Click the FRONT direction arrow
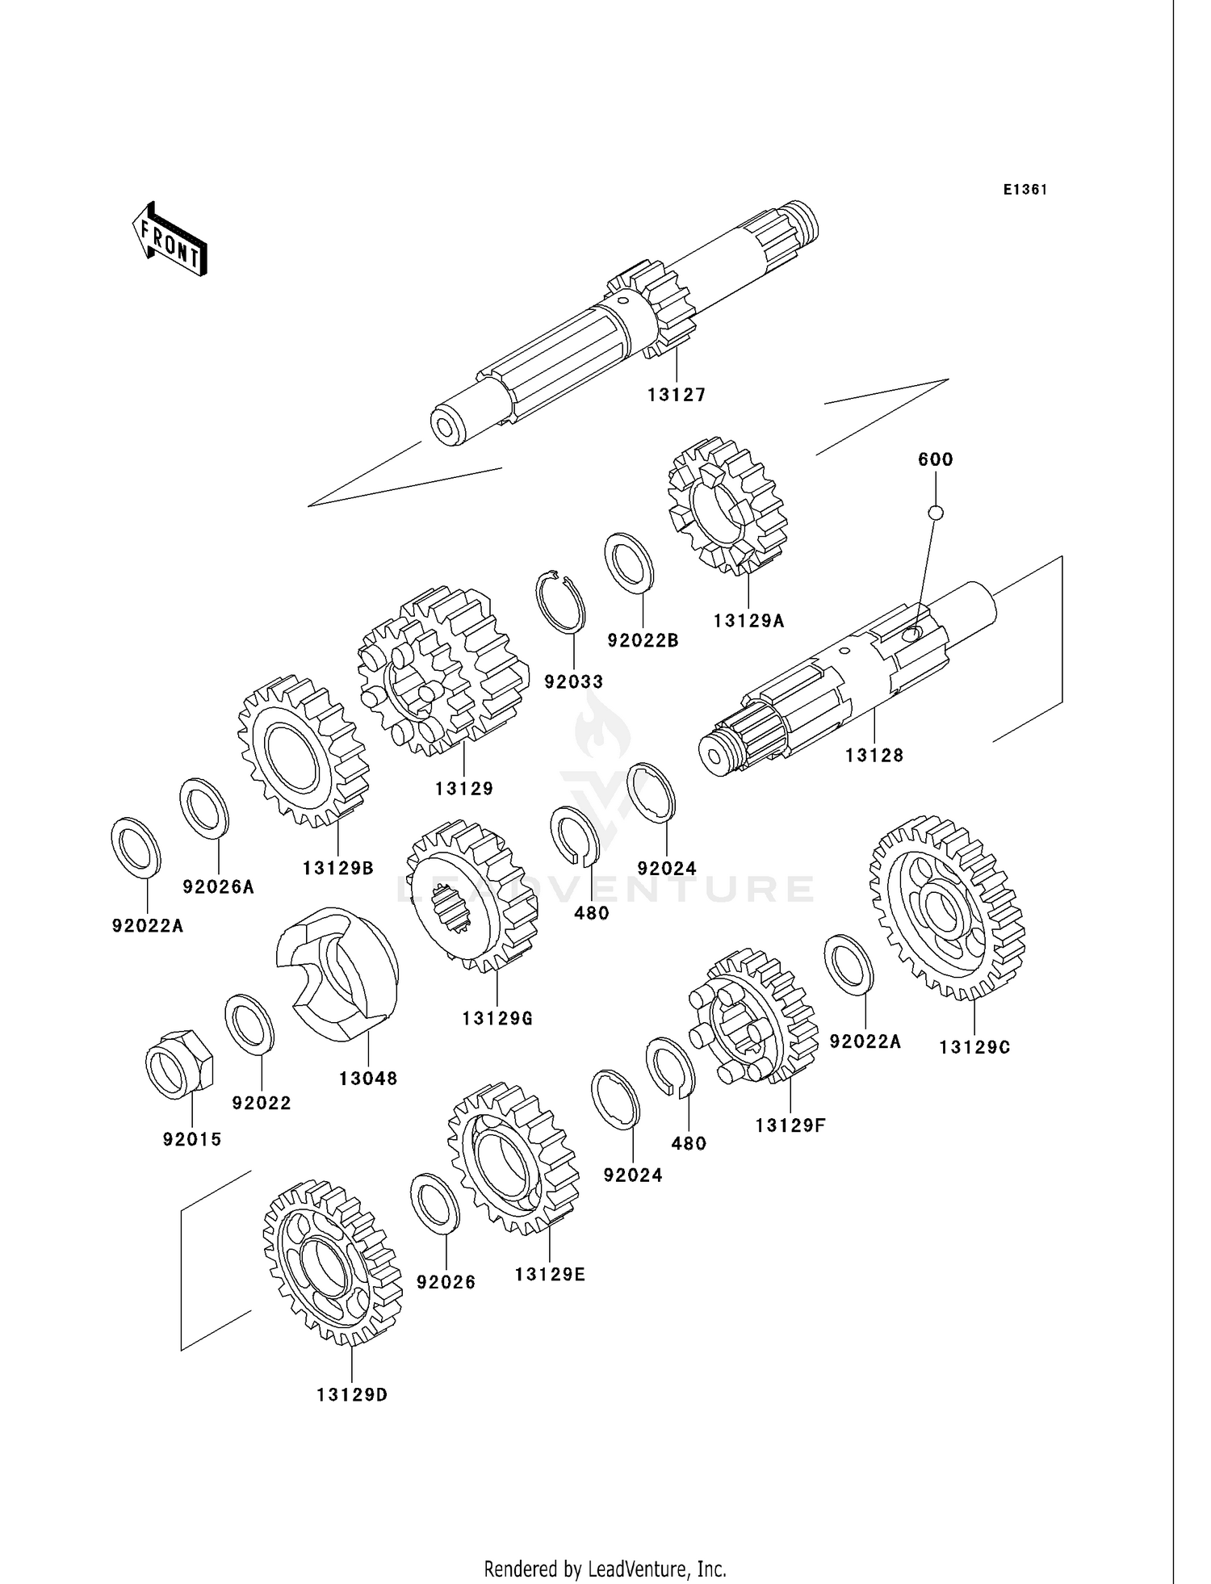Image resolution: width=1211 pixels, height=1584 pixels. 170,241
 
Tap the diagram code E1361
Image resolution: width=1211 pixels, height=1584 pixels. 1025,190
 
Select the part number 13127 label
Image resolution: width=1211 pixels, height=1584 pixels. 677,395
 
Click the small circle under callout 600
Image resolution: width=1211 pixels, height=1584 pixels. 936,512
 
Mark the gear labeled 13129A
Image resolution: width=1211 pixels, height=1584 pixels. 727,505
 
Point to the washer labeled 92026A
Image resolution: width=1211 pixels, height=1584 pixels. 204,807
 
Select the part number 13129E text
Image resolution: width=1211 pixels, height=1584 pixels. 550,1274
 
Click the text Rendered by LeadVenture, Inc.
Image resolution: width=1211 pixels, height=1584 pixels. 605,1546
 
